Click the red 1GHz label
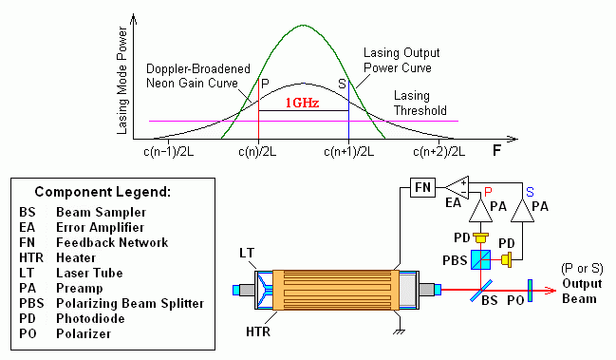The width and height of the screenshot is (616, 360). [302, 103]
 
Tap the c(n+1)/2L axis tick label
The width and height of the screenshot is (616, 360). [349, 151]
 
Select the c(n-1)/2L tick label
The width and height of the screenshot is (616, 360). [169, 151]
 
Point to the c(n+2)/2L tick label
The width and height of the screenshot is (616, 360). [439, 151]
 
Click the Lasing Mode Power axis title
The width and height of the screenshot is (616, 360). [122, 81]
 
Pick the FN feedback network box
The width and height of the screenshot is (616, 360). [422, 187]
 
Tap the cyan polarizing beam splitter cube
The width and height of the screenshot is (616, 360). [481, 259]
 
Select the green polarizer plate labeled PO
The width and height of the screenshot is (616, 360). [530, 291]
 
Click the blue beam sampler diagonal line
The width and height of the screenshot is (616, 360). [481, 291]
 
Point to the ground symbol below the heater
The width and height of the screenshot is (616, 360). [400, 332]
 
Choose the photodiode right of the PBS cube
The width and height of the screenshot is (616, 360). [507, 259]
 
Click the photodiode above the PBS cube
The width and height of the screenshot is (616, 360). [481, 238]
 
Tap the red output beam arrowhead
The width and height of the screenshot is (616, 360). [551, 291]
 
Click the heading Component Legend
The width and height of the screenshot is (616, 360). [103, 192]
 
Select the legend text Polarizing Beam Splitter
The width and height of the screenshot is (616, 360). [130, 303]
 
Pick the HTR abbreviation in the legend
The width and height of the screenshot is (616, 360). [31, 257]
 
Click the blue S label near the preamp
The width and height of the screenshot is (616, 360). [530, 192]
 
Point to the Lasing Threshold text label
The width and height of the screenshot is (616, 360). [420, 103]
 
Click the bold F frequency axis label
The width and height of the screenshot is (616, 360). [496, 150]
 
